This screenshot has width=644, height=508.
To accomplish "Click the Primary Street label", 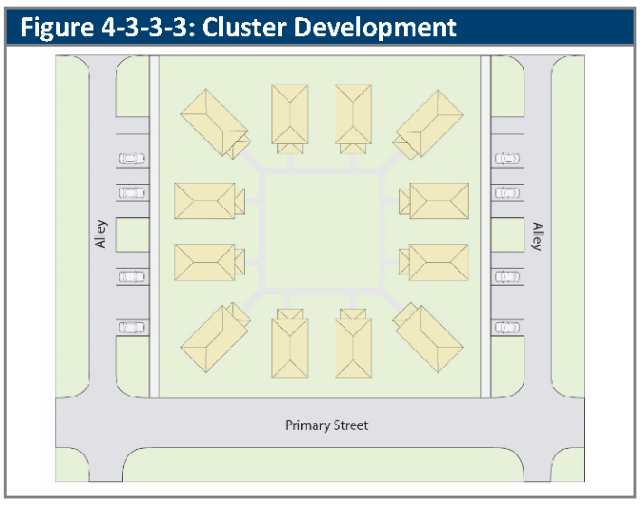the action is pyautogui.click(x=327, y=425).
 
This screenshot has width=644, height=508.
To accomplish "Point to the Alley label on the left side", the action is pyautogui.click(x=100, y=234).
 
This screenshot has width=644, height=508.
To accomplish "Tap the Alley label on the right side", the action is pyautogui.click(x=538, y=234).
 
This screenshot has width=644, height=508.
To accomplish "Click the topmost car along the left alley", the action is pyautogui.click(x=131, y=159).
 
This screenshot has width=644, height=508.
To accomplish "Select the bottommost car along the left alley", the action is pyautogui.click(x=131, y=327).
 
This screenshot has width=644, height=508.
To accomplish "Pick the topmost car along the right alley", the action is pyautogui.click(x=507, y=159).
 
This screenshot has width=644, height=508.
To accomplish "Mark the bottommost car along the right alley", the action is pyautogui.click(x=507, y=327).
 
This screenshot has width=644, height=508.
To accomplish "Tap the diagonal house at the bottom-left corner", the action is pyautogui.click(x=215, y=338).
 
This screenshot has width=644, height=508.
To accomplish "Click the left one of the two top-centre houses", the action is pyautogui.click(x=291, y=116).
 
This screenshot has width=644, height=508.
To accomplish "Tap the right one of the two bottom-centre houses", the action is pyautogui.click(x=353, y=345).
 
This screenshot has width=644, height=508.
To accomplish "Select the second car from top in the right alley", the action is pyautogui.click(x=507, y=193).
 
